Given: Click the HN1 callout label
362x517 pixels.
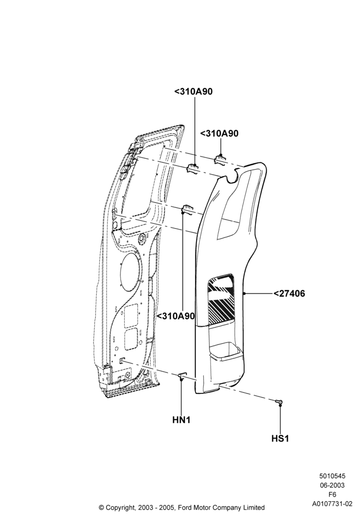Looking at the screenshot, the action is pos(182,420).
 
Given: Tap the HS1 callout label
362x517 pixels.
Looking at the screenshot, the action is pos(280,438).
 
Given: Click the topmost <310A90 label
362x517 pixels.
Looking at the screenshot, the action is pos(193,92).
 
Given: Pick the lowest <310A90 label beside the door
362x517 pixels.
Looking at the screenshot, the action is pos(176,316).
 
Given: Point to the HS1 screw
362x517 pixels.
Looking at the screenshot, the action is pos(279,401).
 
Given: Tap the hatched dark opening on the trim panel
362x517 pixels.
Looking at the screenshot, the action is pos(221,298).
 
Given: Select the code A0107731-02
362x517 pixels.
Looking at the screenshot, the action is pos(332,504).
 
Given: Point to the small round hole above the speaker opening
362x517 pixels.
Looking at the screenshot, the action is pos(142,238).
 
